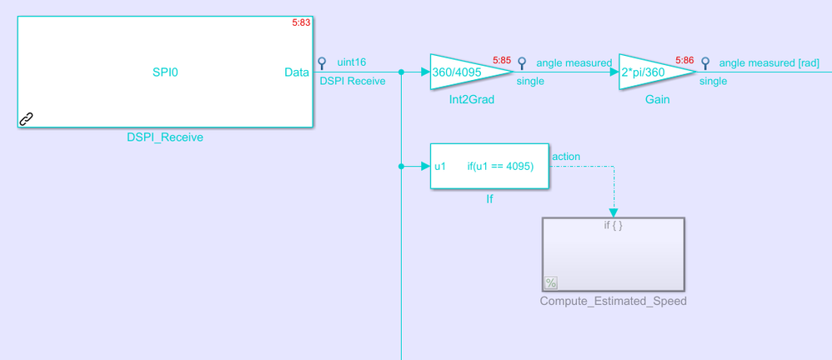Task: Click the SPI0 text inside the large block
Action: (165, 72)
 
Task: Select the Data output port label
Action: (297, 72)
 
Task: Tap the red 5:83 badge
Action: (301, 22)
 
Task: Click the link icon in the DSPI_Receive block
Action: (26, 119)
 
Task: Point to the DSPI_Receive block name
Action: (165, 137)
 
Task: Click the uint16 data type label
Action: (351, 62)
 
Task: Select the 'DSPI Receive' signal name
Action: (353, 81)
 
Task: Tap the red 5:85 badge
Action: (501, 61)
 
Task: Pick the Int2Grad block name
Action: (471, 100)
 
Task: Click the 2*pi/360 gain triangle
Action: (657, 72)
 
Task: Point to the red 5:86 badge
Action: (684, 61)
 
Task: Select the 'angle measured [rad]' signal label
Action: (769, 63)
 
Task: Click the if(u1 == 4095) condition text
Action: (500, 167)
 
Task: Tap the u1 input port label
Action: (440, 167)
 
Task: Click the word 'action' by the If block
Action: (566, 157)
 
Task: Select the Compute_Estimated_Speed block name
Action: (613, 301)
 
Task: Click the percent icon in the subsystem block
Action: (551, 282)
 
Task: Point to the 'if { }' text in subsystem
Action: (613, 225)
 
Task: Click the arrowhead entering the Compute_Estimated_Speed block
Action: (614, 212)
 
